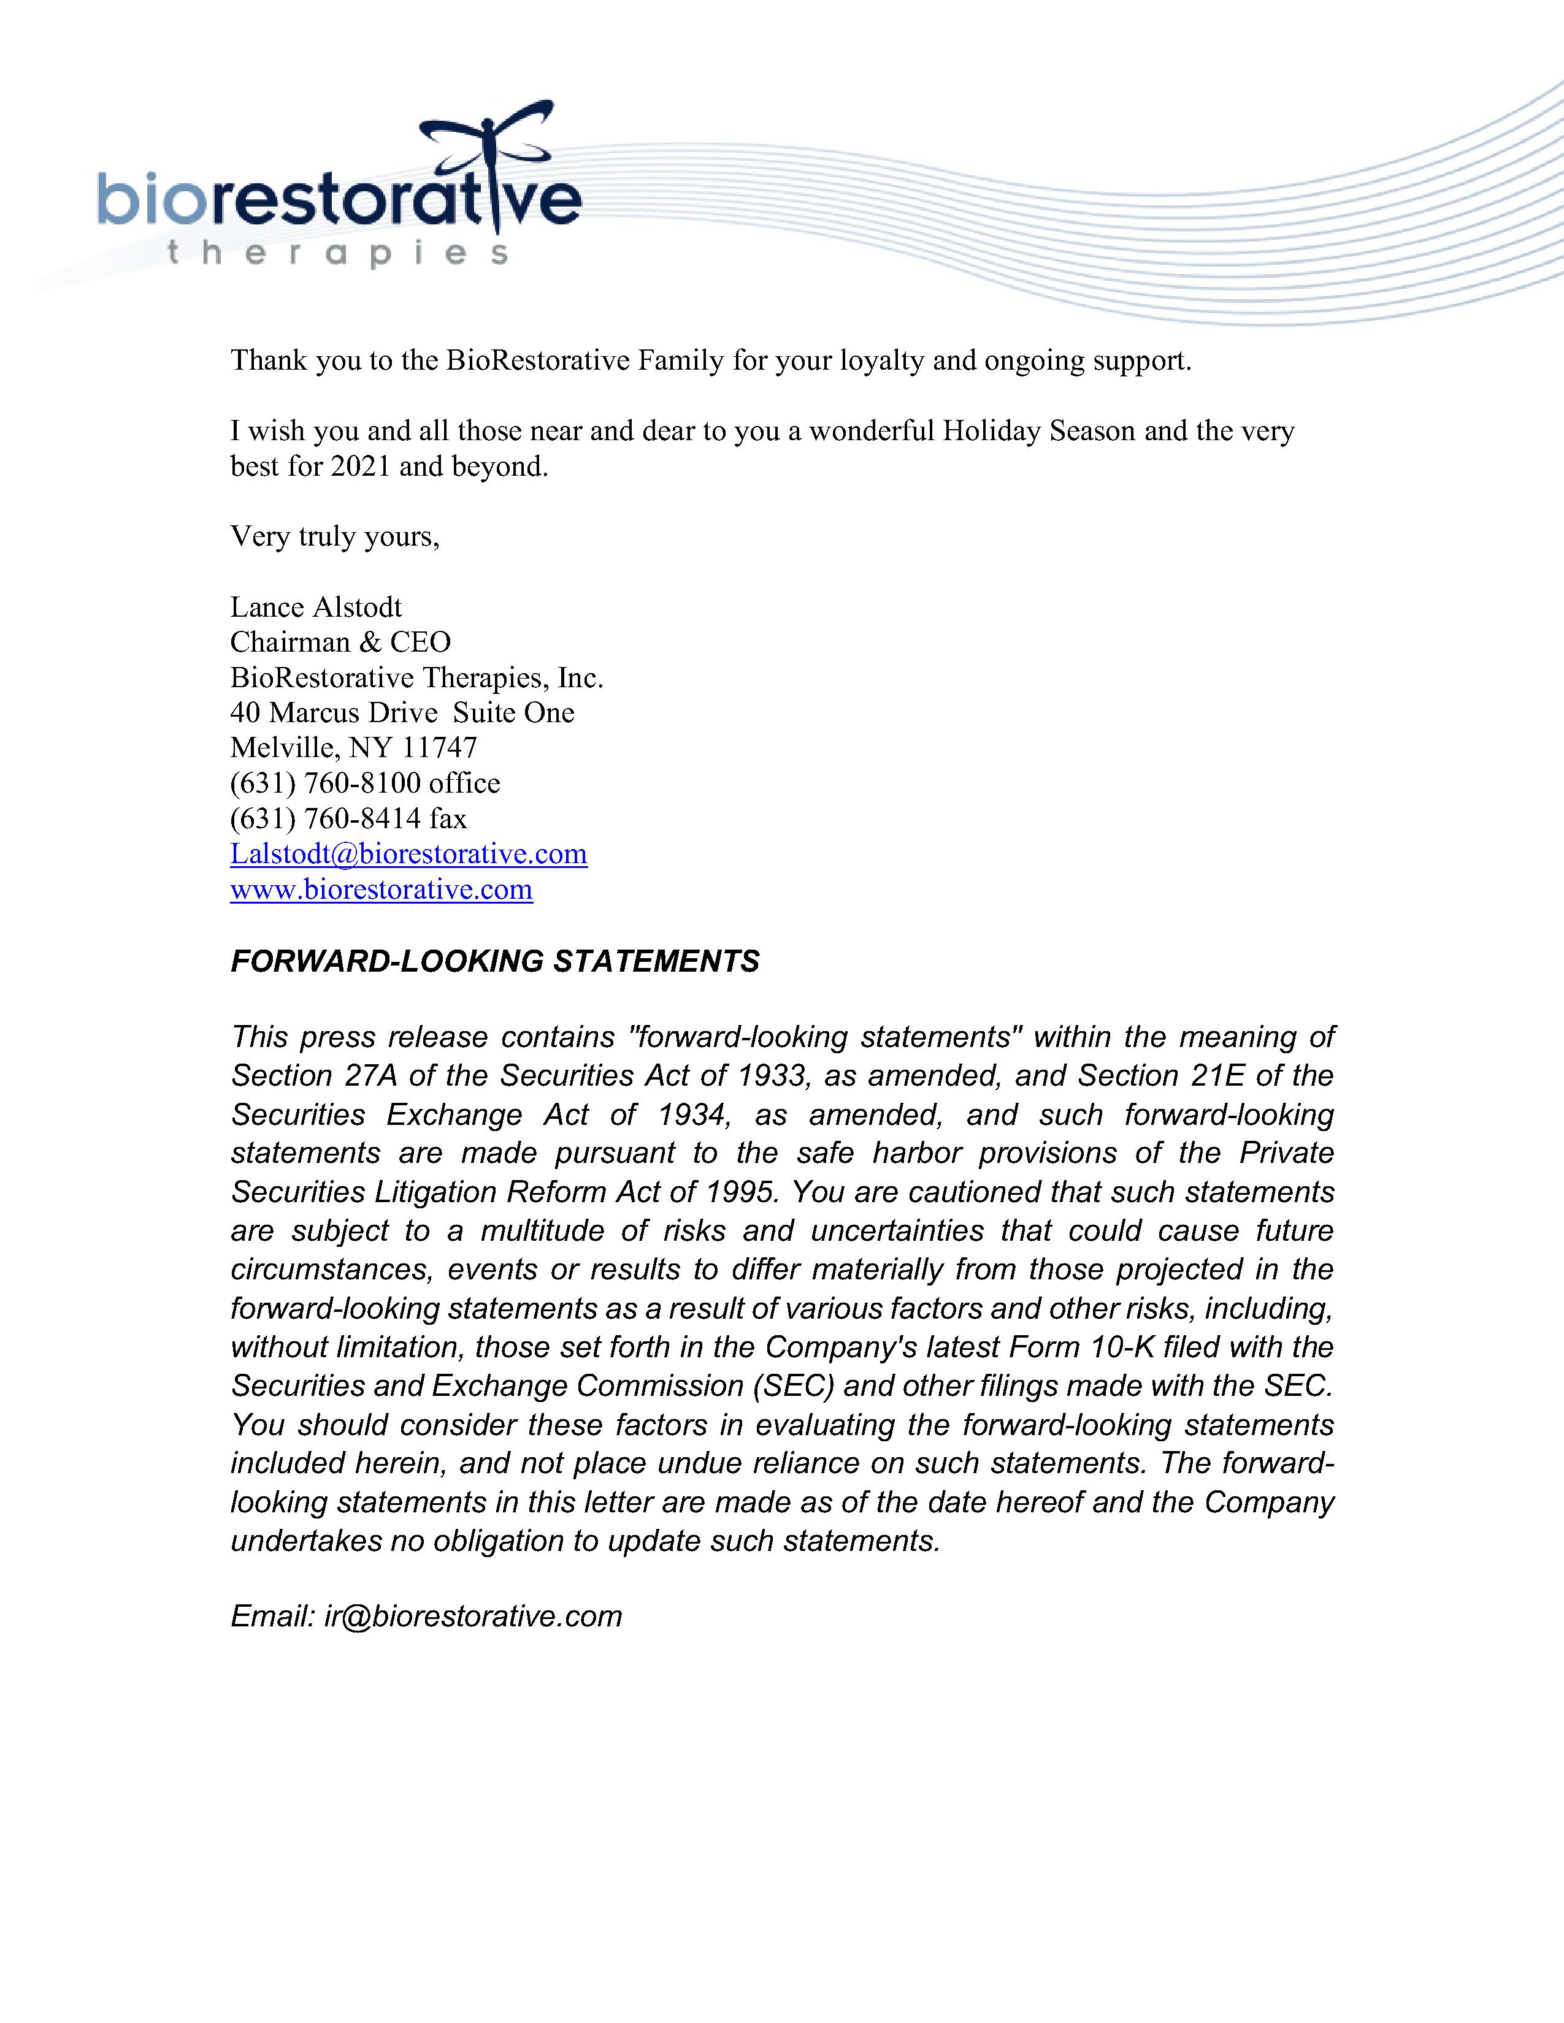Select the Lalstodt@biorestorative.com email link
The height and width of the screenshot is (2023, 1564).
click(x=408, y=853)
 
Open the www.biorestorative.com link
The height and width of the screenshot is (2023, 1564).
click(x=381, y=890)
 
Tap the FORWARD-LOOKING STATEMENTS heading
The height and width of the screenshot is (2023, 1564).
click(x=495, y=961)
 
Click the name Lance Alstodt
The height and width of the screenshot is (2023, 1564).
click(x=316, y=607)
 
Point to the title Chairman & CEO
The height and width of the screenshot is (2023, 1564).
click(x=340, y=642)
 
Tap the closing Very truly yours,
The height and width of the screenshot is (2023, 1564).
click(x=334, y=536)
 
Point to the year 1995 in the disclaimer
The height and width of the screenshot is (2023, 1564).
click(x=740, y=1192)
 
